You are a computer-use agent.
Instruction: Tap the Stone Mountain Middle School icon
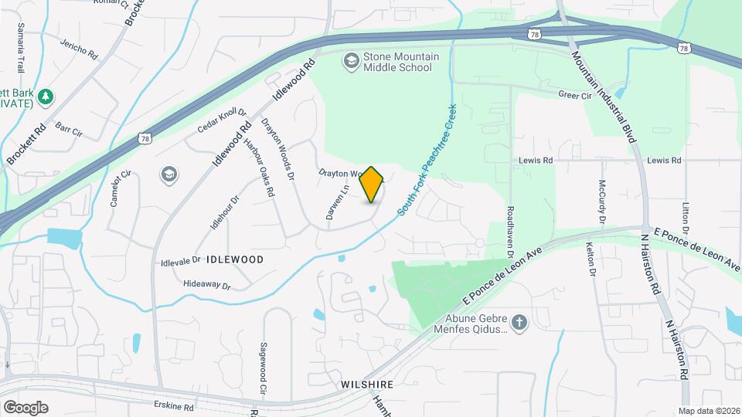(352, 60)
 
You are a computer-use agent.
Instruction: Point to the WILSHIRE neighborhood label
(368, 384)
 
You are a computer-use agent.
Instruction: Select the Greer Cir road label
(574, 95)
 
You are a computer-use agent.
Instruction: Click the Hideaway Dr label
(207, 285)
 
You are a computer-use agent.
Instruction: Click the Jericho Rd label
(80, 49)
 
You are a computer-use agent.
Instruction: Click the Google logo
(26, 407)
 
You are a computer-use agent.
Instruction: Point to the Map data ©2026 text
(708, 411)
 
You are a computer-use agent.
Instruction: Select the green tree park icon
(46, 96)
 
